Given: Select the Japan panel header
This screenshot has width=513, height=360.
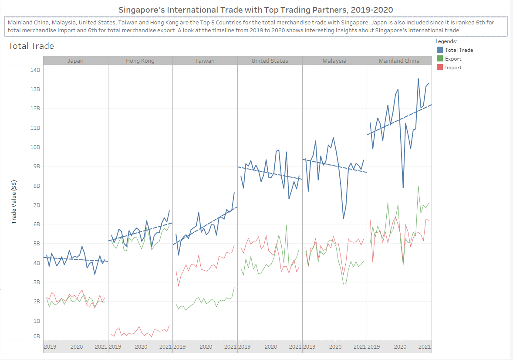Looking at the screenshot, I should pos(75,61).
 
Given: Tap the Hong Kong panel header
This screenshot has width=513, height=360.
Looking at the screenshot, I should pos(140,61).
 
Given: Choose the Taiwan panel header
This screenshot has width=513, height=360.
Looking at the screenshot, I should pos(205,61).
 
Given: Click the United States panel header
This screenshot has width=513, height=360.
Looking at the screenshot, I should pos(270,61).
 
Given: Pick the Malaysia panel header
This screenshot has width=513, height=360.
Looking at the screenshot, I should pos(334,61).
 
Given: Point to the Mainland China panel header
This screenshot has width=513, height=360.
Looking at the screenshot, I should pos(399,61).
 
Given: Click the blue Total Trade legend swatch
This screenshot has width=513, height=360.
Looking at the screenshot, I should pos(440,50).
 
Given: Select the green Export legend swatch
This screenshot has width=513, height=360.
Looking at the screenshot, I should pos(440,59).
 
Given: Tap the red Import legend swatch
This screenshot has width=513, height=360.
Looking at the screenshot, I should pos(440,68).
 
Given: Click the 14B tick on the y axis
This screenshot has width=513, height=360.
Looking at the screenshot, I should pos(35,70).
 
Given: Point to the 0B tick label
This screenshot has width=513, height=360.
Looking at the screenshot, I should pos(36,336).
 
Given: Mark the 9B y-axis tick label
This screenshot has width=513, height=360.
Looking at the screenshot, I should pos(36,166).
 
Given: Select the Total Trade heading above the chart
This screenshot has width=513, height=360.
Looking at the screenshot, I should pos(31,46).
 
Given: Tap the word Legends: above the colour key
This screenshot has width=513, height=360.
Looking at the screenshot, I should pos(446,41).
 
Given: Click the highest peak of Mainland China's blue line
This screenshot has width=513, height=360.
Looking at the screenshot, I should pos(418,79).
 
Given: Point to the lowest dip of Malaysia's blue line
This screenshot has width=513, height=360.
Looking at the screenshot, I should pos(343,218).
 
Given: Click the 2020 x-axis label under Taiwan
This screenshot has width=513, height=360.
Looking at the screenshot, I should pos(206,347).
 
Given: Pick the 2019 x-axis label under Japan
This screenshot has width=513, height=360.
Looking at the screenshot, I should pos(50,347).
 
